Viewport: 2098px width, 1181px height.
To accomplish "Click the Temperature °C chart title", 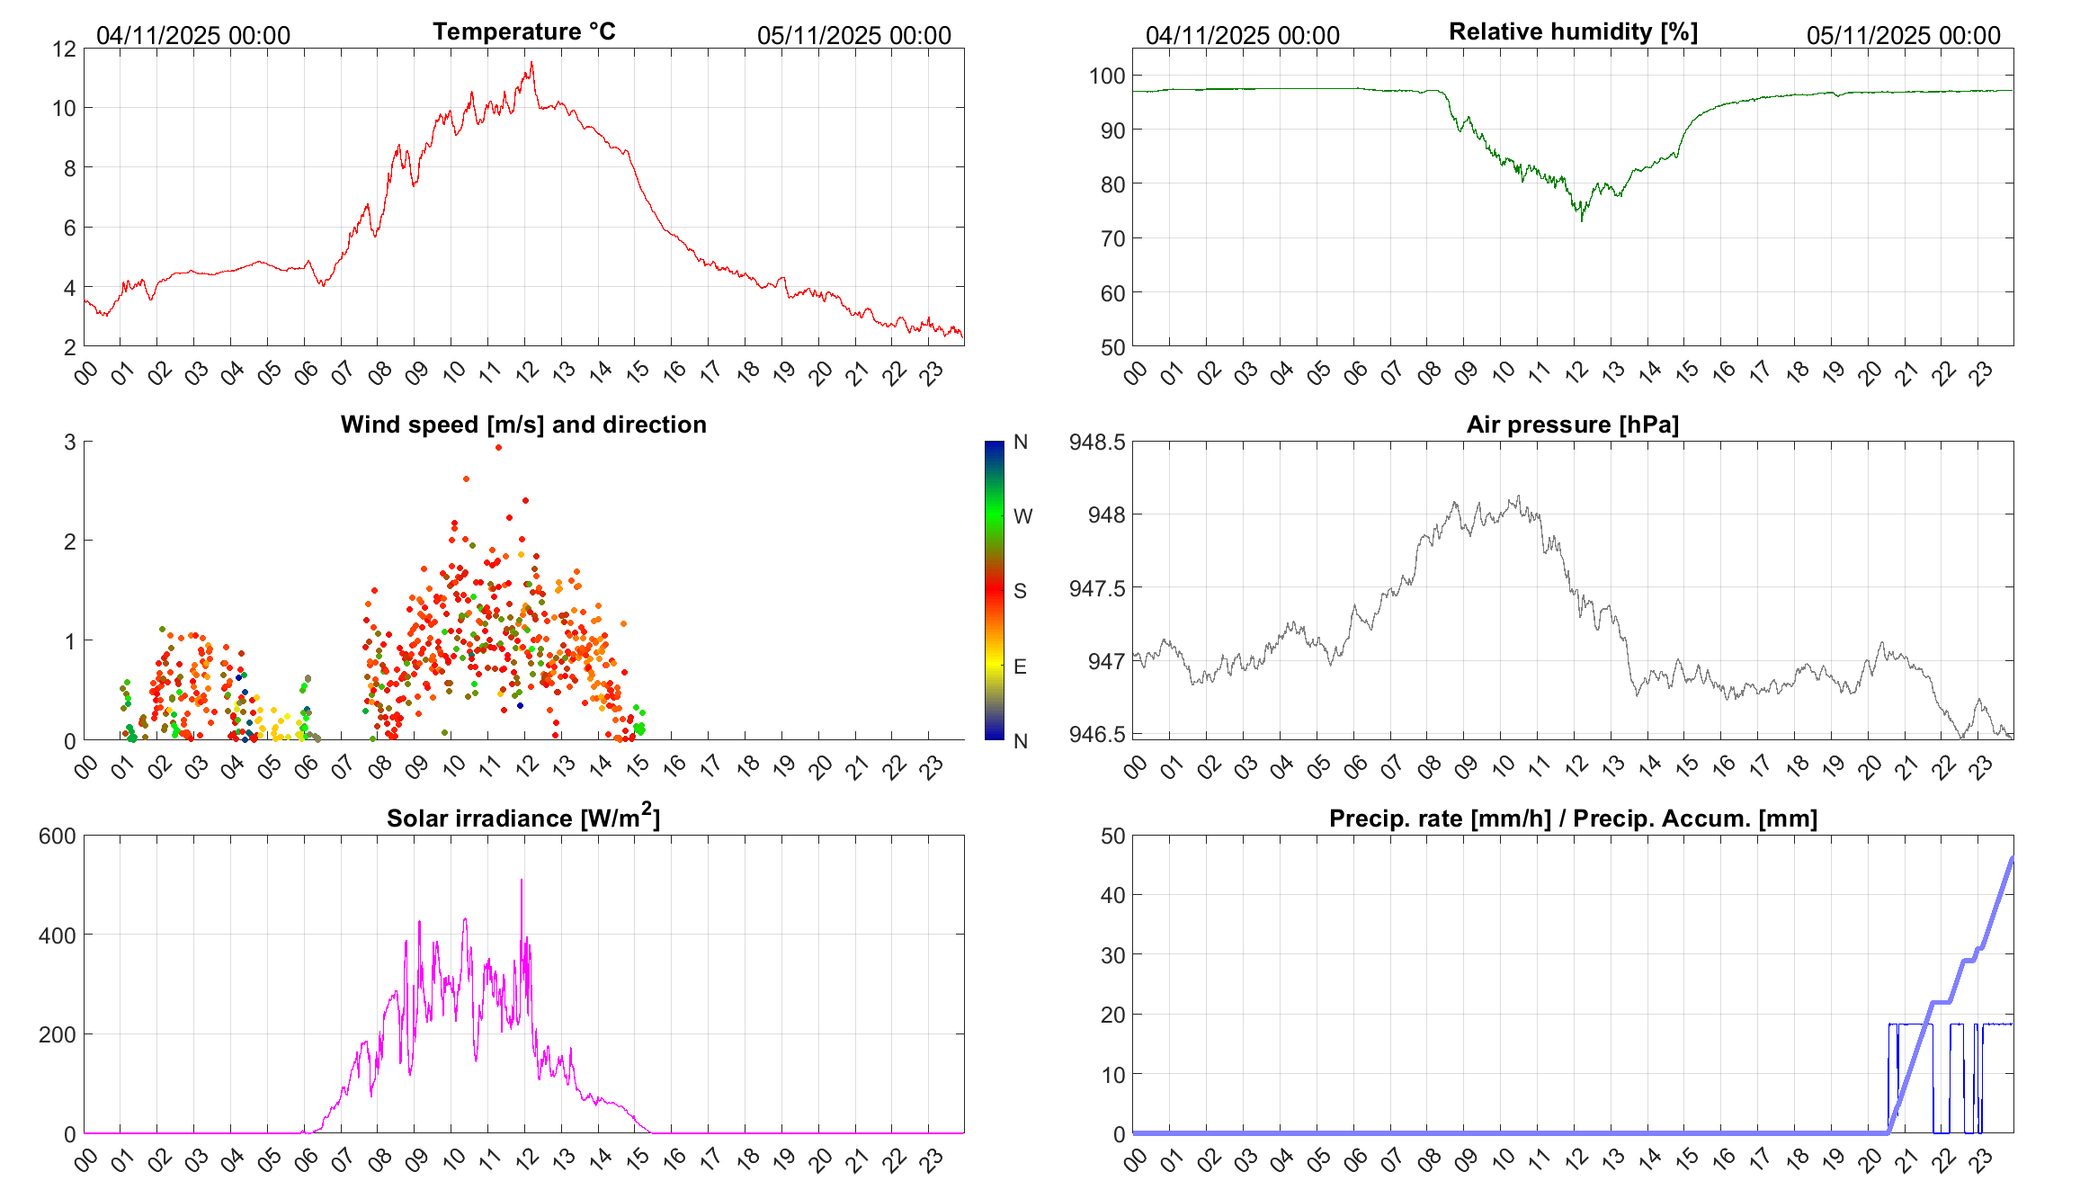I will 523,31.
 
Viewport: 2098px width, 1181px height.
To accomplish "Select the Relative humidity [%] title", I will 1573,31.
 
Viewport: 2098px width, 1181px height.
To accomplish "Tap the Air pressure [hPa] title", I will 1572,425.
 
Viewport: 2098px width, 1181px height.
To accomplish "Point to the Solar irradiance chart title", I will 523,818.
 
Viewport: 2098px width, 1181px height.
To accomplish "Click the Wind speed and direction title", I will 523,425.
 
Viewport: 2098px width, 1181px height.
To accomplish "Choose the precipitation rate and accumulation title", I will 1573,819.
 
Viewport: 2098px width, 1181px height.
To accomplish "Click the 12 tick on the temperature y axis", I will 65,49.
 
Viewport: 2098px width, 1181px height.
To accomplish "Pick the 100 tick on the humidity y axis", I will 1107,76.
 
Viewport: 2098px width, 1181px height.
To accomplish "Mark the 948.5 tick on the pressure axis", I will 1096,442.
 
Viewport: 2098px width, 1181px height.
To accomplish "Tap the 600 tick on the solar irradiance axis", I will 58,836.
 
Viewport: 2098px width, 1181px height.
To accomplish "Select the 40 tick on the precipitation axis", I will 1112,895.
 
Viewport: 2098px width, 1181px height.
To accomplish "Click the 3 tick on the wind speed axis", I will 70,442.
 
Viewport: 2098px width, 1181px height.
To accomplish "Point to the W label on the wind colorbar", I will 1022,516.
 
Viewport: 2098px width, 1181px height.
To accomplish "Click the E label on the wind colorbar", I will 1020,667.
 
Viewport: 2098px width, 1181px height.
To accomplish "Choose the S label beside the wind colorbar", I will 1020,591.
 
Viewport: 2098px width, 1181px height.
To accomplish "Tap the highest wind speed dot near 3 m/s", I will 499,447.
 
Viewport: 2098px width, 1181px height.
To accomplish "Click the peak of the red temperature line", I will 531,62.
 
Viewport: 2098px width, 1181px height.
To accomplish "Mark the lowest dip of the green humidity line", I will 1582,220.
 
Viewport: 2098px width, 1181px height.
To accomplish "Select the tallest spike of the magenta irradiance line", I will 522,880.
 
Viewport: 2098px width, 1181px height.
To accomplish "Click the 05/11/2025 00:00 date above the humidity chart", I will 1903,36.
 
